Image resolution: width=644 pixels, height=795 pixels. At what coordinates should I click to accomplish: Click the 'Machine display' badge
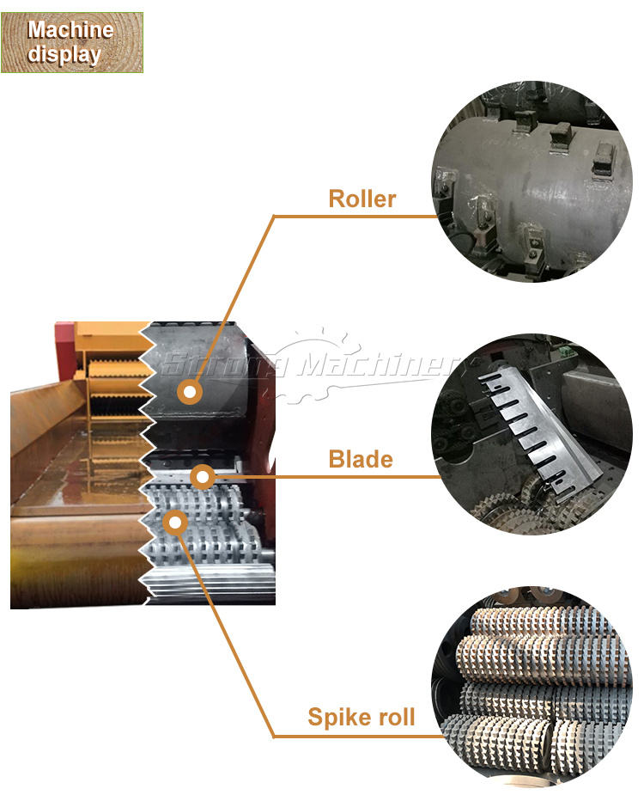pos(71,42)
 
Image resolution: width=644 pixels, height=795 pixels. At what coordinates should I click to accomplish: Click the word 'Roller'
pos(361,199)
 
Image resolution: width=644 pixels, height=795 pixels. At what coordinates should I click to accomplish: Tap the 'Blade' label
pos(361,459)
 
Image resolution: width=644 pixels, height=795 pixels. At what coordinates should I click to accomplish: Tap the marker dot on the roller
pos(191,393)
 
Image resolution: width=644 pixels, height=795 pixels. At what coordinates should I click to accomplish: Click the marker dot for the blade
pos(202,477)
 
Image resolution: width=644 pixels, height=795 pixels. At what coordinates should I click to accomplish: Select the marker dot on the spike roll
pos(175,521)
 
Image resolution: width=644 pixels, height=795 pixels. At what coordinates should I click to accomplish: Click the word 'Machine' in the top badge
pos(70,30)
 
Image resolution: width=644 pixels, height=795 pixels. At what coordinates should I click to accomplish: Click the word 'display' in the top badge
pos(64,54)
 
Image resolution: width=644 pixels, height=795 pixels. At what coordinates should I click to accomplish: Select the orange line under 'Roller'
pos(361,216)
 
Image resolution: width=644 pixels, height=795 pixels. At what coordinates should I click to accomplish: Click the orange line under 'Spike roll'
pos(361,737)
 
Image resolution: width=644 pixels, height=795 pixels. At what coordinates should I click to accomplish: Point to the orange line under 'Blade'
pos(361,476)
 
